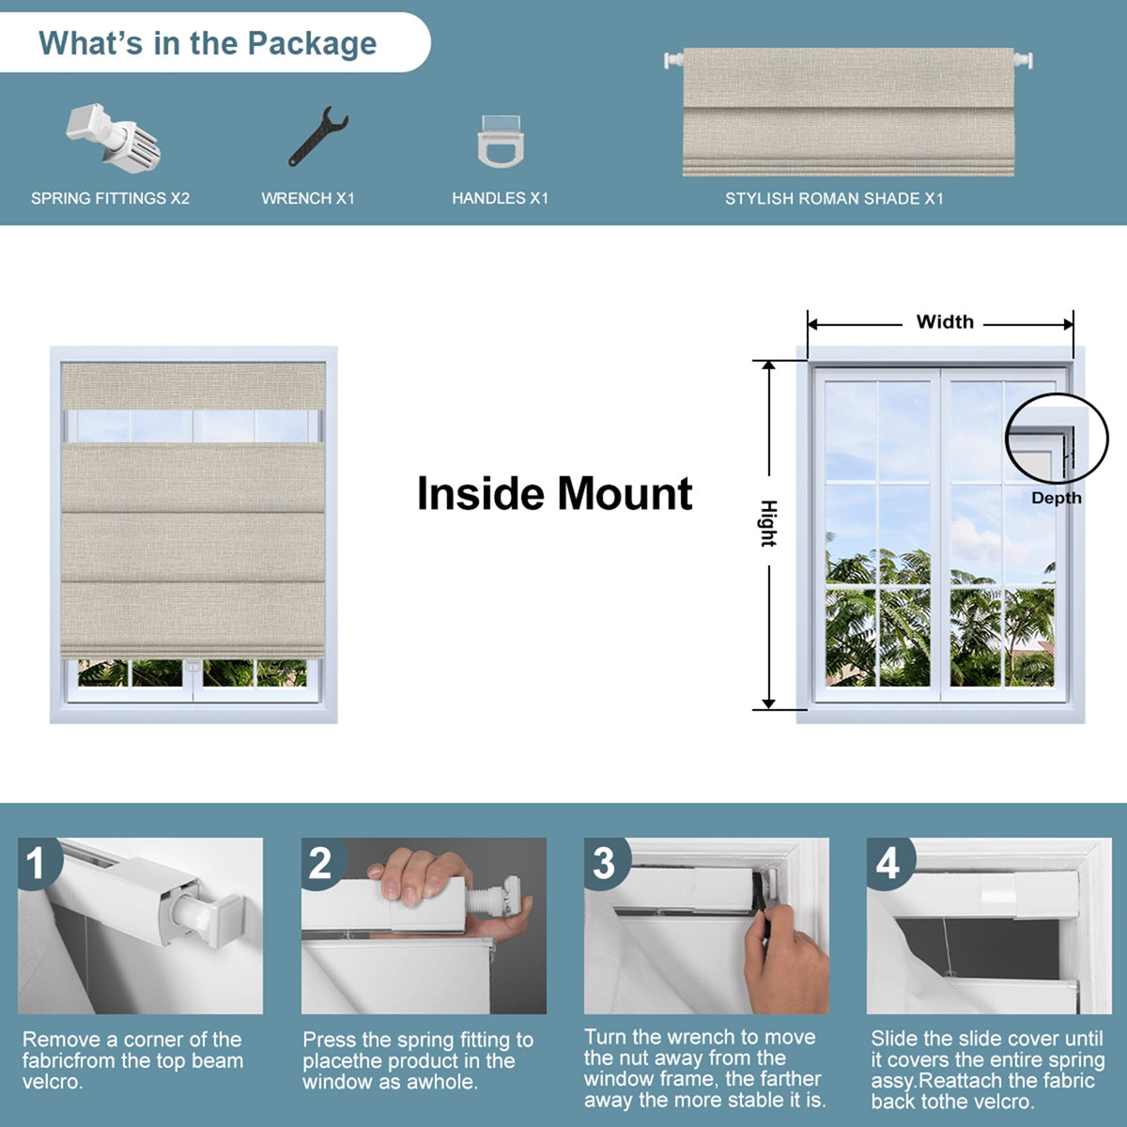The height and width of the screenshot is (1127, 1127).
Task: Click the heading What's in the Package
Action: point(208,43)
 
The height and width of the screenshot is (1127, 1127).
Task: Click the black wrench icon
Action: point(317,137)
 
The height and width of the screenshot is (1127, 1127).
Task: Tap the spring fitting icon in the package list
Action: point(113,137)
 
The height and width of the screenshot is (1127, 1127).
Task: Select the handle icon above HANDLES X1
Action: point(500,141)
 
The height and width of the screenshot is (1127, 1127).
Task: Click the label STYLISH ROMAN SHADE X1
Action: point(834,198)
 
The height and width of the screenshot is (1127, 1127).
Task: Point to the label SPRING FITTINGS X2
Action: point(110,198)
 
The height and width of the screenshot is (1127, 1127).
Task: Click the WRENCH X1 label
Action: point(308,198)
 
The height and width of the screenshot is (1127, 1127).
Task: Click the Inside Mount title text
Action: point(554,494)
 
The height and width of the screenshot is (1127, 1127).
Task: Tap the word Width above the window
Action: point(944,322)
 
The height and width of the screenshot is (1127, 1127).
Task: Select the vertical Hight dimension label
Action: point(768,523)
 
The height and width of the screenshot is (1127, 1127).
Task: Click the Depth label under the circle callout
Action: point(1056,499)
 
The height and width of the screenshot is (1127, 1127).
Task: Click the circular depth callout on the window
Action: point(1050,439)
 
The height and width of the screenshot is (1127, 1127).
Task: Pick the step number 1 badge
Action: point(37,863)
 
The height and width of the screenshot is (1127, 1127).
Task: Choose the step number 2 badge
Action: point(321,863)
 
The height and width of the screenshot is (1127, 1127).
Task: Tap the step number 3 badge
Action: point(605,863)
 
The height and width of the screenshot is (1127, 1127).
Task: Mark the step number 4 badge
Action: point(888,863)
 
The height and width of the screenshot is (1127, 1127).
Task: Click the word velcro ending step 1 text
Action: point(54,1082)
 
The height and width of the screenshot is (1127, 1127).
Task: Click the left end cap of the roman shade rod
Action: point(672,60)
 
